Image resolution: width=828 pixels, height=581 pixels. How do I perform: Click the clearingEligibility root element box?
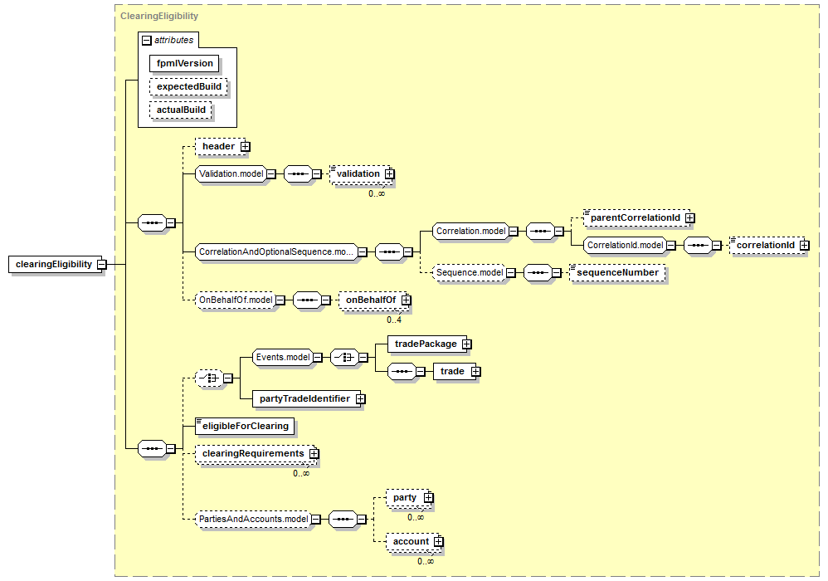55,264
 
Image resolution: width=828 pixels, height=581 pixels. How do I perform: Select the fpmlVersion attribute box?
183,63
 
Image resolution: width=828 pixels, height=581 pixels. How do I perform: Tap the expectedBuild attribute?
188,86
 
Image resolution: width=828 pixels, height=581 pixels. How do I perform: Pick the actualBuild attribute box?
181,110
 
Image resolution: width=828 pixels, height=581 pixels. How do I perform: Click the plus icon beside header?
245,146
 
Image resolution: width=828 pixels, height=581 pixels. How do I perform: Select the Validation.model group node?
231,173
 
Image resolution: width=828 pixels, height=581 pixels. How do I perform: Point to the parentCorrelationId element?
636,217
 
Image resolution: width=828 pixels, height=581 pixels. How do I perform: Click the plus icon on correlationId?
804,245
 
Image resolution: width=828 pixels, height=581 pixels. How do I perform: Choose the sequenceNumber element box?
617,272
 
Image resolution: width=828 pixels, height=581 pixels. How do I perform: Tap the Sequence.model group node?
470,272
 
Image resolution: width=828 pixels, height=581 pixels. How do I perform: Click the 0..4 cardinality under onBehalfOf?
394,320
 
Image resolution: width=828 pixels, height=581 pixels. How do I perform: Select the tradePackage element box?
426,344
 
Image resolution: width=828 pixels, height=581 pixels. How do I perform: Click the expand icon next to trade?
475,371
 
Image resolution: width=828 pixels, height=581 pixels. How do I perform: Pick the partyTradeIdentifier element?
304,398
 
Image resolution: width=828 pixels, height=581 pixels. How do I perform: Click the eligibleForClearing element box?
245,427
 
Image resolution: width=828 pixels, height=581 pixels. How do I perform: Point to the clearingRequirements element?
254,454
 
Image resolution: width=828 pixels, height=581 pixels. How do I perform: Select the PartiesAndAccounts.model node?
253,520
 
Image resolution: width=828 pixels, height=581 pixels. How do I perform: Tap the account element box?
412,541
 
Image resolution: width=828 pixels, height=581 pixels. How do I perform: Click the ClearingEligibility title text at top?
159,16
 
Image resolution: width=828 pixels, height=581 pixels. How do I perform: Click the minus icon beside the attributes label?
147,40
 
